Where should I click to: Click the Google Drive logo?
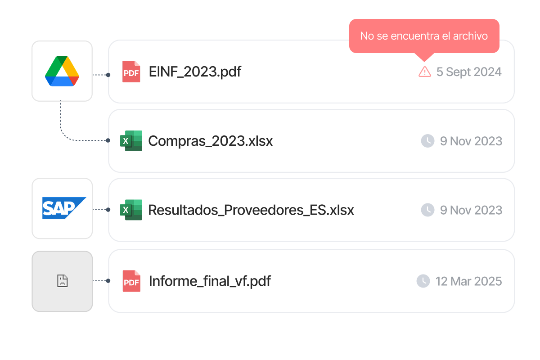point(62,71)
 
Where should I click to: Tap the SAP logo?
point(62,208)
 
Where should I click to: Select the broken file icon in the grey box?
point(62,281)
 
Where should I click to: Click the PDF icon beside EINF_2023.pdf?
point(131,72)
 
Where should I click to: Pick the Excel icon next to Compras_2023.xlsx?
point(131,141)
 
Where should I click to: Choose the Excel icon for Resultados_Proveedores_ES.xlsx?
point(131,210)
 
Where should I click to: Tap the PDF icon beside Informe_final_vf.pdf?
point(131,281)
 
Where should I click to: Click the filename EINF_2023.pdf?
point(195,72)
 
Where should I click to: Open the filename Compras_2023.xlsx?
point(210,141)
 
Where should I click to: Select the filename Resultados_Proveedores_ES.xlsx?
point(251,210)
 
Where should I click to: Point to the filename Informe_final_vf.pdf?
point(210,281)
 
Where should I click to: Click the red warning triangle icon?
point(424,72)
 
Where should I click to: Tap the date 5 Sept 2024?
point(469,72)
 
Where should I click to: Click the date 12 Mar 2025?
point(468,281)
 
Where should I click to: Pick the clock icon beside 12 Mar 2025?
point(423,281)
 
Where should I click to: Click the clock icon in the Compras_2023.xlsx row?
point(427,141)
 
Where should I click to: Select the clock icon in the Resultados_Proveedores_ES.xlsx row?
point(427,210)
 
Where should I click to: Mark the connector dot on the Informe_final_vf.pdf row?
point(108,281)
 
